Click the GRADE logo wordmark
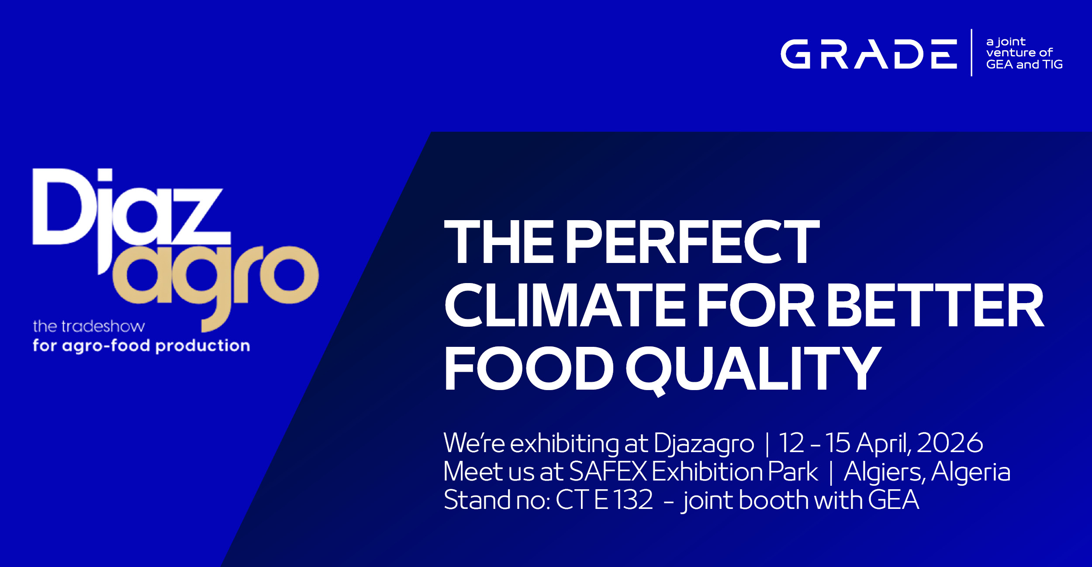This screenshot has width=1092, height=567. (869, 54)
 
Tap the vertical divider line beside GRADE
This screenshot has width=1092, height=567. (971, 53)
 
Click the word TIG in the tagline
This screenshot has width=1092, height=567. (1053, 65)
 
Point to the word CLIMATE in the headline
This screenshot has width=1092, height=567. (565, 305)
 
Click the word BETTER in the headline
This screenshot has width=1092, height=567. (935, 305)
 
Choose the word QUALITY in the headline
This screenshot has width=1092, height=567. (754, 370)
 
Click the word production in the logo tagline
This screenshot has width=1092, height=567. (203, 346)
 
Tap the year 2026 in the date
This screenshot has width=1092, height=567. (950, 443)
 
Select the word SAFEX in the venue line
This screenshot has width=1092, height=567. (608, 471)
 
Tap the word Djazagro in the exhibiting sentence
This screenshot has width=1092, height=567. (704, 444)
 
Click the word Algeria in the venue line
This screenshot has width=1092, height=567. (971, 473)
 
